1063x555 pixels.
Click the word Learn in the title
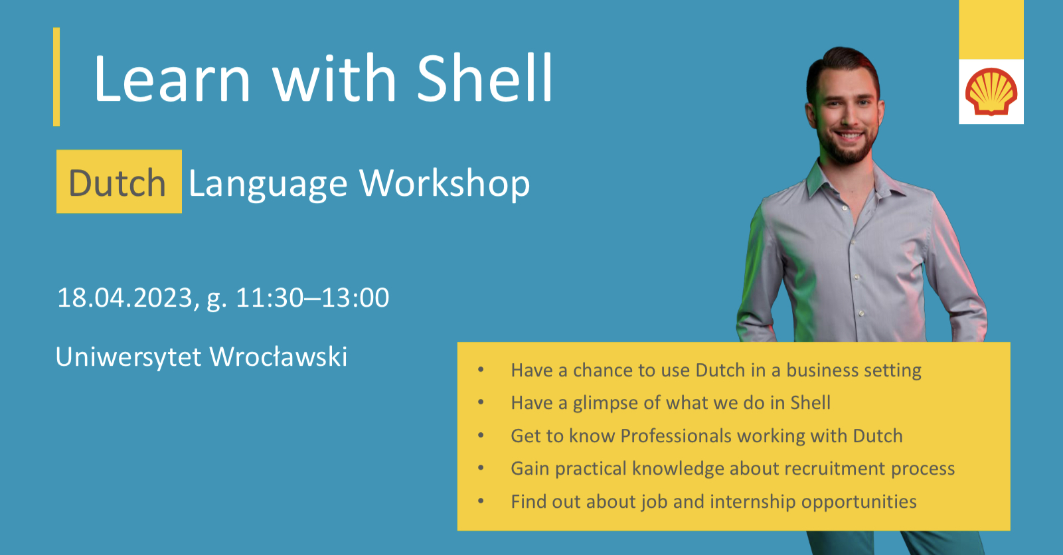[172, 78]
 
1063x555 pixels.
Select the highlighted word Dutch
[118, 183]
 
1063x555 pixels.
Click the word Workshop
[444, 184]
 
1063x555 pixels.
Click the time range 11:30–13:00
[312, 298]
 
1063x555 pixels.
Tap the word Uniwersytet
[129, 357]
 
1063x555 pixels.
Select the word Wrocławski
[279, 357]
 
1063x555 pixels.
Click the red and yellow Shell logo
[991, 92]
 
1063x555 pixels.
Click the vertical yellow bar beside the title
[56, 77]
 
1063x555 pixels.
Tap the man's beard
[848, 147]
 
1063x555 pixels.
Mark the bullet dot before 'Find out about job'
[481, 501]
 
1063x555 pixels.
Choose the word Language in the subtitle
[268, 185]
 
